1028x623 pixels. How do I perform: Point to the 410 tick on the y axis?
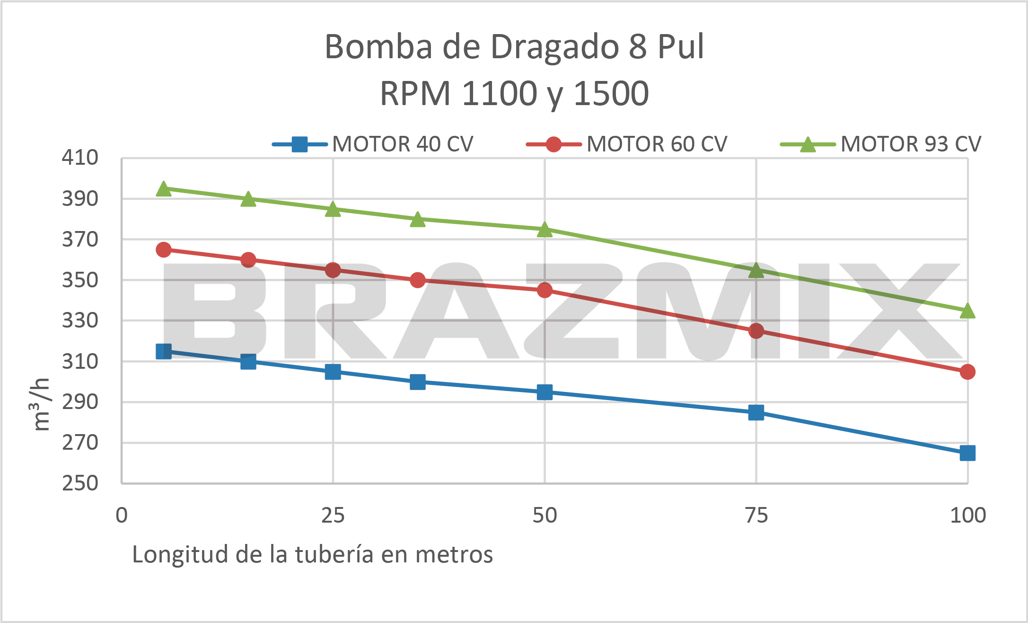(x=80, y=158)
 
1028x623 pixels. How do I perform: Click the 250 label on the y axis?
(x=80, y=483)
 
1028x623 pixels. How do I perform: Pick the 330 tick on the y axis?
(x=80, y=320)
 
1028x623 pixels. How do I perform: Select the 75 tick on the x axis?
(x=756, y=516)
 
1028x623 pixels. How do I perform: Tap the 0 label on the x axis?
(x=122, y=516)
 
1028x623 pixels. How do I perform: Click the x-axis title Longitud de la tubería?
(x=312, y=554)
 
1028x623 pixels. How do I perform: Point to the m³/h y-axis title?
(x=41, y=404)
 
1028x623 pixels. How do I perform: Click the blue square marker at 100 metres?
(x=967, y=453)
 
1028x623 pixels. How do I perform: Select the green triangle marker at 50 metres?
(x=545, y=230)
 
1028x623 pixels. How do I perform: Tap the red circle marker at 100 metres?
(x=967, y=372)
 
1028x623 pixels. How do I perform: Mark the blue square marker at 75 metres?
(x=756, y=412)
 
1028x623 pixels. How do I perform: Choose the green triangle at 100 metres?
(x=967, y=311)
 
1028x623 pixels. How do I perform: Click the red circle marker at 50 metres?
(x=545, y=290)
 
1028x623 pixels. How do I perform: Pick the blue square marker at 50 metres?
(x=545, y=392)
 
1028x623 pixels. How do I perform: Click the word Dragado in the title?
(x=554, y=47)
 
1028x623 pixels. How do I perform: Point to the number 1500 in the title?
(x=611, y=94)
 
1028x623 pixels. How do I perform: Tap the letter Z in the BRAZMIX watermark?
(x=574, y=311)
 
